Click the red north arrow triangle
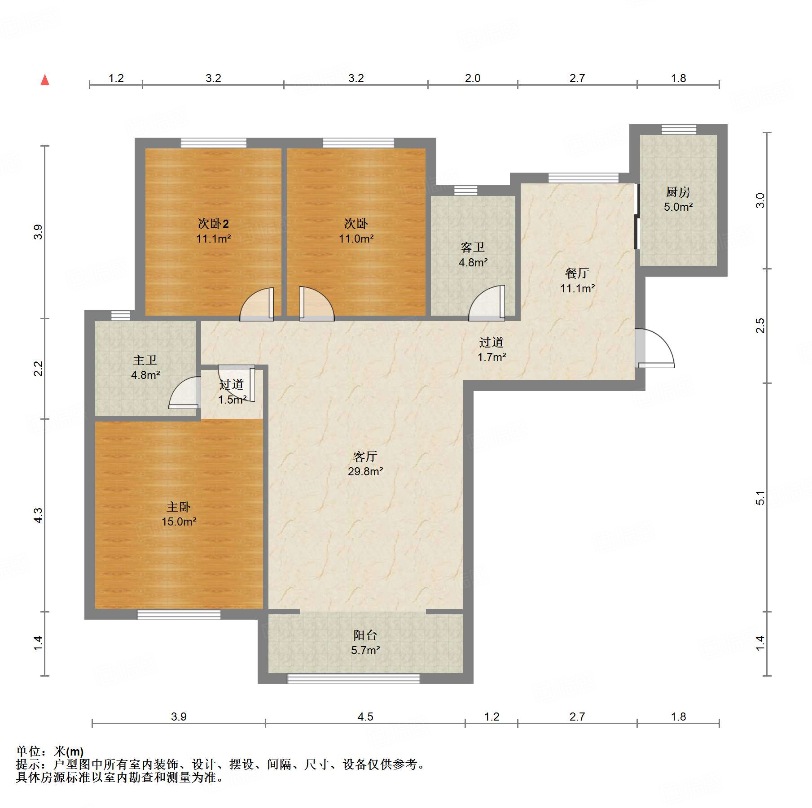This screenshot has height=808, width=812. coord(45,80)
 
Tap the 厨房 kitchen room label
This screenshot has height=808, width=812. coord(678,192)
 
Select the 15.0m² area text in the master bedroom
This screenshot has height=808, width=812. coord(179,521)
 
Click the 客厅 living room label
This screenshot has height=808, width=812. coord(365,456)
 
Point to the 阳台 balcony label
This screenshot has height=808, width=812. coord(365,635)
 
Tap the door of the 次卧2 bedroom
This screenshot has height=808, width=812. coord(257,304)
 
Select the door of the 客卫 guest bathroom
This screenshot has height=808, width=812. coord(487,303)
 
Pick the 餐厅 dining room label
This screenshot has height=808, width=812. coord(577,273)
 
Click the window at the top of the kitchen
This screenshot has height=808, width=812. coord(679,129)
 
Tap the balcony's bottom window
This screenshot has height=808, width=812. coord(354,678)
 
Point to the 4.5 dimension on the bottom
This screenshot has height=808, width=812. coord(365,717)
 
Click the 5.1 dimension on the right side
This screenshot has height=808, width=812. coord(760,498)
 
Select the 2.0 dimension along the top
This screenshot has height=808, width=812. coord(473,78)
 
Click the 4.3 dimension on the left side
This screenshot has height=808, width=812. coord(39,515)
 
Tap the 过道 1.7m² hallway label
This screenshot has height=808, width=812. coord(492,349)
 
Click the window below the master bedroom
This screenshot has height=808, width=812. coord(179,614)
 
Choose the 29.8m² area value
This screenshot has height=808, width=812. coord(365,471)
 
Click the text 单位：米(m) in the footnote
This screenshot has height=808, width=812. coord(50,751)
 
